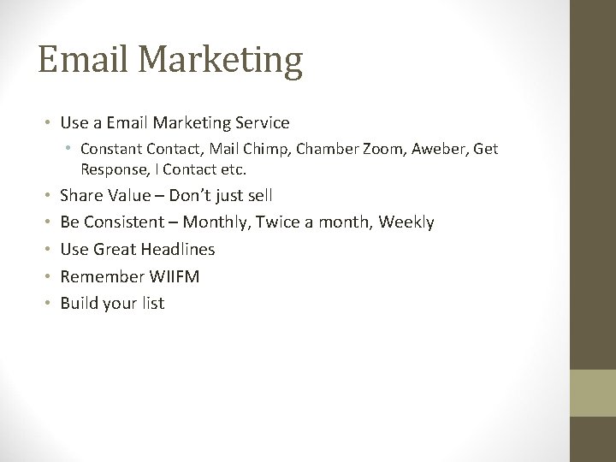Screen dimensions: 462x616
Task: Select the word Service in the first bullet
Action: point(262,123)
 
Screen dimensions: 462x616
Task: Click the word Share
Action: point(82,196)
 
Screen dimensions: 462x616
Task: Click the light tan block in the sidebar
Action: point(593,393)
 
